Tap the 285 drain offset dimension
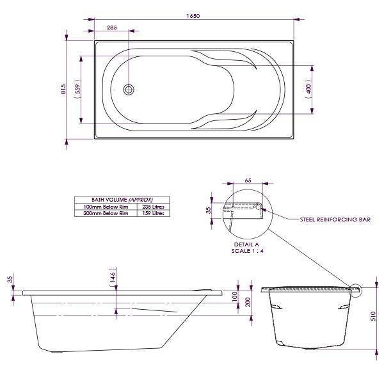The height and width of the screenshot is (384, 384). click(x=111, y=28)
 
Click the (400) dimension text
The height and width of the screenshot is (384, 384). click(x=308, y=90)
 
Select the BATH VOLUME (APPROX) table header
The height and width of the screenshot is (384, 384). click(x=122, y=200)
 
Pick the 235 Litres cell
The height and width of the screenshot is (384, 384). click(x=153, y=207)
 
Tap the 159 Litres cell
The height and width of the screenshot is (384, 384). click(x=153, y=213)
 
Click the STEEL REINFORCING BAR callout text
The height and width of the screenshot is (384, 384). click(x=335, y=220)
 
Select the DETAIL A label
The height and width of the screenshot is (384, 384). click(x=247, y=244)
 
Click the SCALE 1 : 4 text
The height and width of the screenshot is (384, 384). click(x=247, y=250)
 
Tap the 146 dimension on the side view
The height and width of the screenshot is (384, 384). click(x=113, y=276)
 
